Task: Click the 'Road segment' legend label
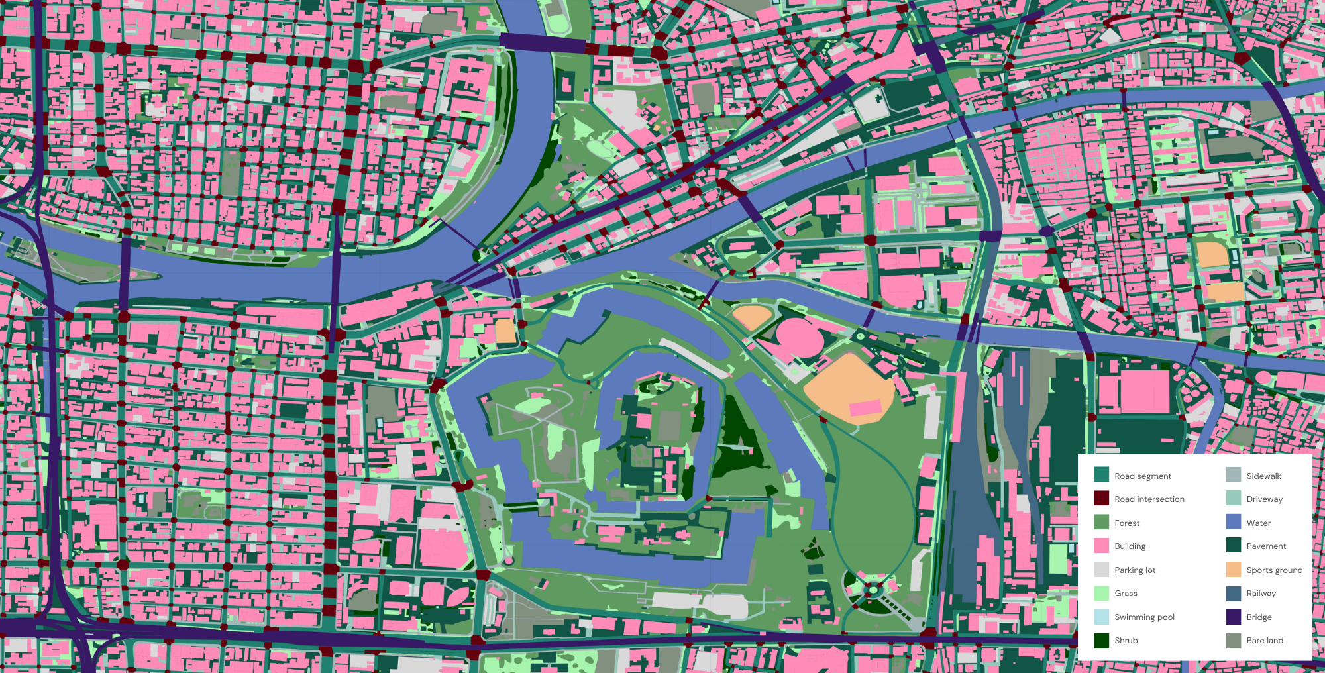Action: [1142, 476]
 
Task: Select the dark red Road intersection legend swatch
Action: [1101, 498]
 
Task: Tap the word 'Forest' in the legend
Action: [1126, 523]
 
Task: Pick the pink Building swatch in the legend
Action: [1101, 546]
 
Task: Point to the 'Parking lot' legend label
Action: [1134, 570]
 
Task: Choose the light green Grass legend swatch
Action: [1101, 593]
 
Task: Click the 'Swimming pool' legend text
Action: [1143, 617]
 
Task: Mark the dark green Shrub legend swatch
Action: [1101, 640]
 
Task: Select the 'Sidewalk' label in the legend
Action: [1263, 476]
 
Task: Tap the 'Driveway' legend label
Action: [1264, 499]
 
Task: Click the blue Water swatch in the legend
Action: [1233, 522]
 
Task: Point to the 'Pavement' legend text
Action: [1266, 546]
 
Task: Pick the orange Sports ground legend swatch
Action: [1233, 570]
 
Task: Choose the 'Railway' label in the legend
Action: [1261, 593]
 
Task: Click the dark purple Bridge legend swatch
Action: [1233, 617]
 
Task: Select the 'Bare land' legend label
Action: [1265, 640]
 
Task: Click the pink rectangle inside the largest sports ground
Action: [865, 408]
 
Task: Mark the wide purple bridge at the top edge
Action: [542, 43]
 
